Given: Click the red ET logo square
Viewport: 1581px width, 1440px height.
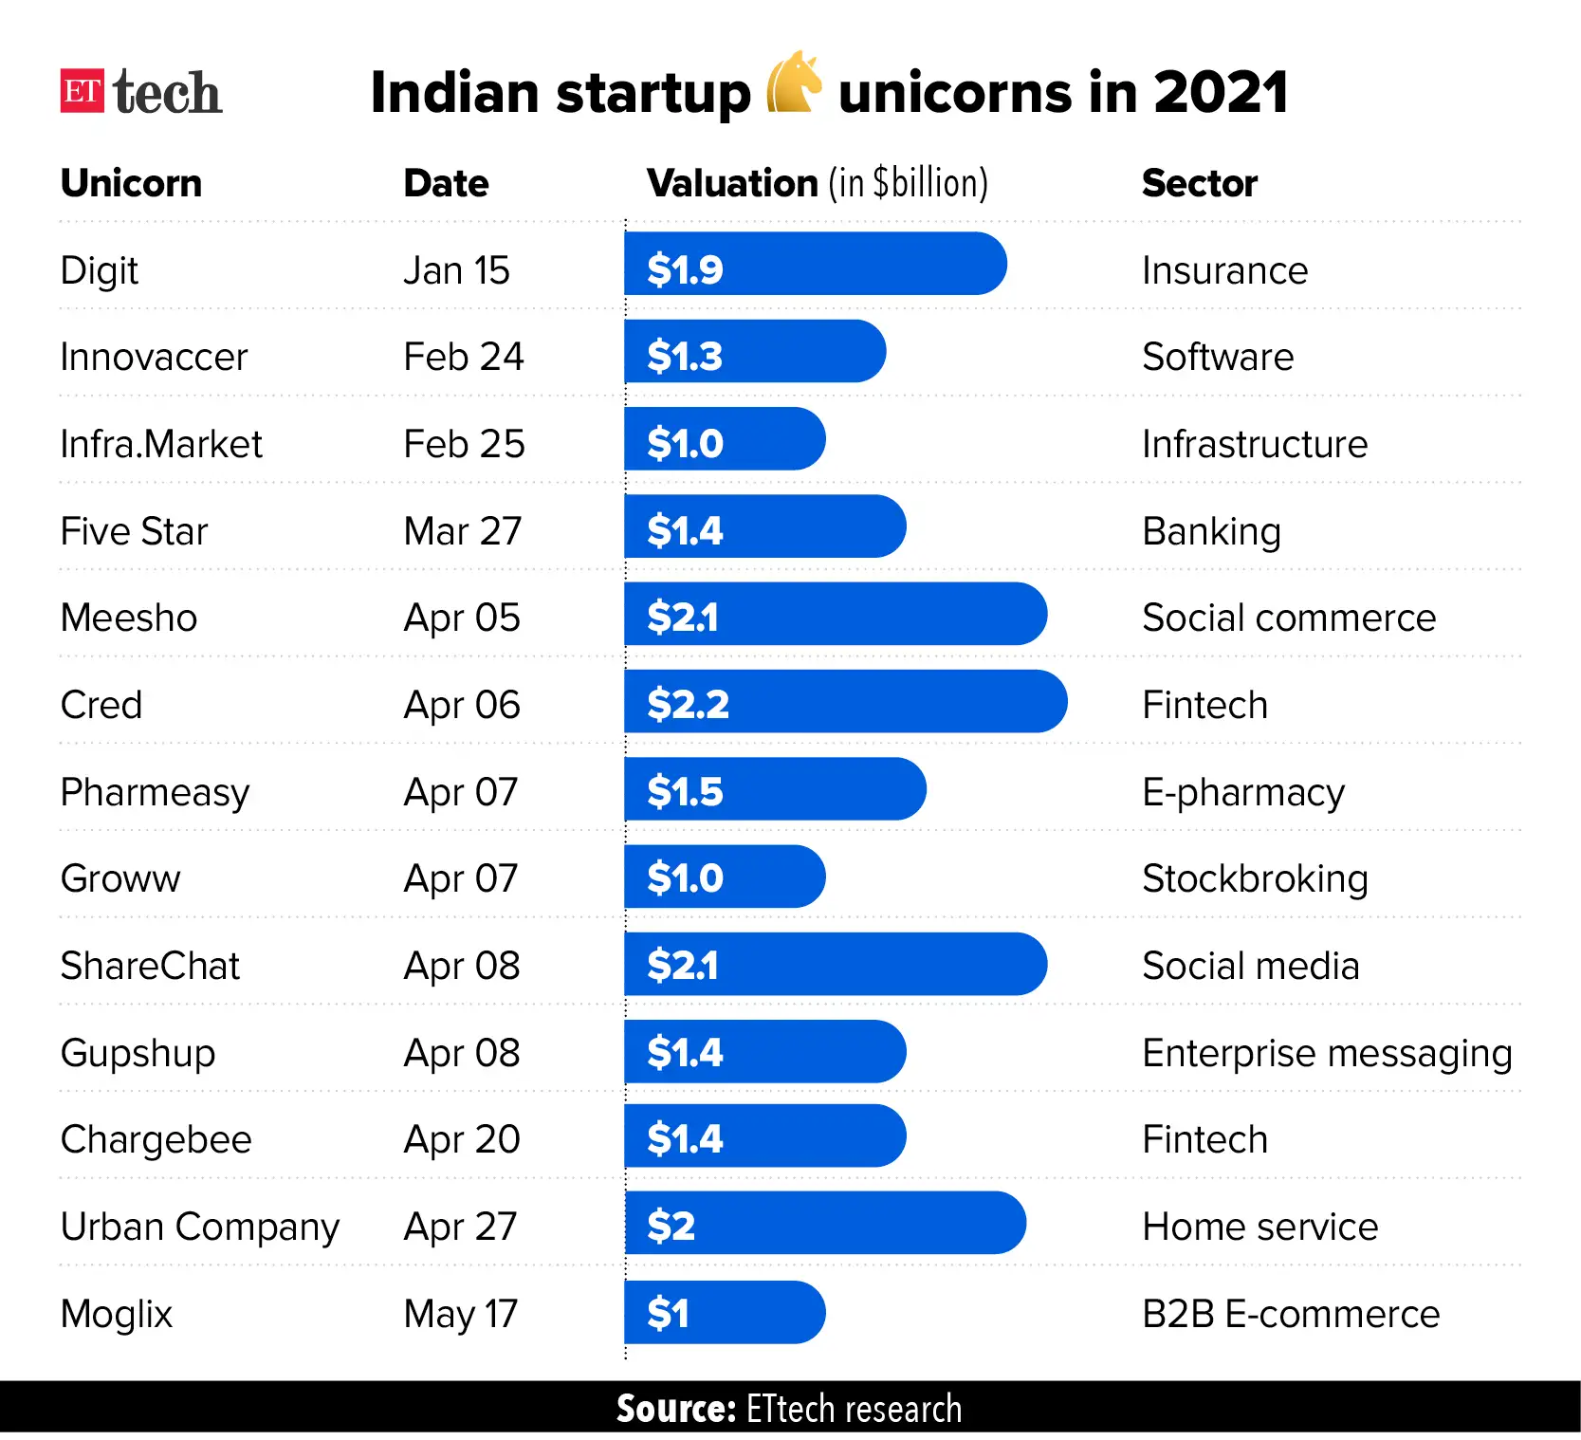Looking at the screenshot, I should pos(82,91).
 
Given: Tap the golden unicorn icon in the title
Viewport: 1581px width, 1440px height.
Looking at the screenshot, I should pos(793,83).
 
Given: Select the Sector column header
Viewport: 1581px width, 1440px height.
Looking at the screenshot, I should pos(1199,183).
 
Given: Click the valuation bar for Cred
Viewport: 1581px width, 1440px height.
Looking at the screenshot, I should pos(844,701).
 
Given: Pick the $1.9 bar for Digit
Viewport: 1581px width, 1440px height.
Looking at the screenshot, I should pos(814,264).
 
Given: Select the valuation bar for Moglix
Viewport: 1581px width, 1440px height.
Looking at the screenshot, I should pos(724,1312).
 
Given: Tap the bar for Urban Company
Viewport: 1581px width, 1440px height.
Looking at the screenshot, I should pos(823,1223).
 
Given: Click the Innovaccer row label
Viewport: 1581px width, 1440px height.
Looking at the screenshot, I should pos(154,358).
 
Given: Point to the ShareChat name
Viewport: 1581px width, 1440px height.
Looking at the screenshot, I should pos(150,967).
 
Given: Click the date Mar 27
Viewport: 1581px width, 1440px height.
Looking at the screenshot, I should pos(462,531).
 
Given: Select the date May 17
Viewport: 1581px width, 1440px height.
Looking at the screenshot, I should pos(460,1314).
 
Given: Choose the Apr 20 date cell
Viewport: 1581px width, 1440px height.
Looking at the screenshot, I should pos(461,1139).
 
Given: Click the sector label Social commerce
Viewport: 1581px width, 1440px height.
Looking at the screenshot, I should pos(1288,618).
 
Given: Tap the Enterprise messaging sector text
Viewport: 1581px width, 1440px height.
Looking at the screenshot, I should pos(1326,1053).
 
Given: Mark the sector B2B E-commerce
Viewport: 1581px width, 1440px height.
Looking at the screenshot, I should pos(1290,1314).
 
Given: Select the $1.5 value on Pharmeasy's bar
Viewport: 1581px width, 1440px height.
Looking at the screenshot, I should pos(685,791).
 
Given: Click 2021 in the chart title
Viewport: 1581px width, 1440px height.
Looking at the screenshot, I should pos(1220,92).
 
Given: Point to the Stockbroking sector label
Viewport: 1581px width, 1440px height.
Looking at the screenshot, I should pos(1254,879).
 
